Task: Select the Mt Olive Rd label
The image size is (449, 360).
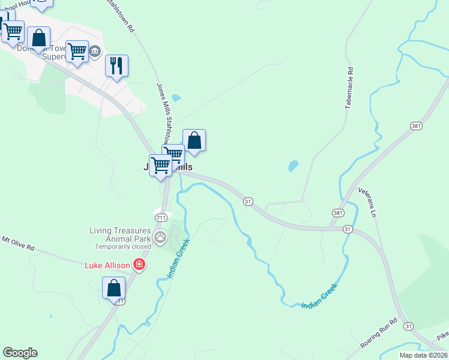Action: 18,243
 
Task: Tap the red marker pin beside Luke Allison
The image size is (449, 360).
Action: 139,264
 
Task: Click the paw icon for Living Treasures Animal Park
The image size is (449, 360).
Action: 160,237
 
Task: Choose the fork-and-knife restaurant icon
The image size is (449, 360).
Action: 116,65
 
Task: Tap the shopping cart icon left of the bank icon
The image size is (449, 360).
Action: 77,51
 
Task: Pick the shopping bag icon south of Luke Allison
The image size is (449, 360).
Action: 113,288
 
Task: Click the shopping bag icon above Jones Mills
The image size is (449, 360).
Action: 194,140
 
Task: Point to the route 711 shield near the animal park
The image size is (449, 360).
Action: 160,217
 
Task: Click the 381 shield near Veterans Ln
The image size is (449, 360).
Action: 338,213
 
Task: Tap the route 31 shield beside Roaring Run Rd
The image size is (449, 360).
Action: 408,326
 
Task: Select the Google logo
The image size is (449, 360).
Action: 20,353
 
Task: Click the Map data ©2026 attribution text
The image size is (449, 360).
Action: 424,355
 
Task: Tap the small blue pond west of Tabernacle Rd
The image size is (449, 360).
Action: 293,165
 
